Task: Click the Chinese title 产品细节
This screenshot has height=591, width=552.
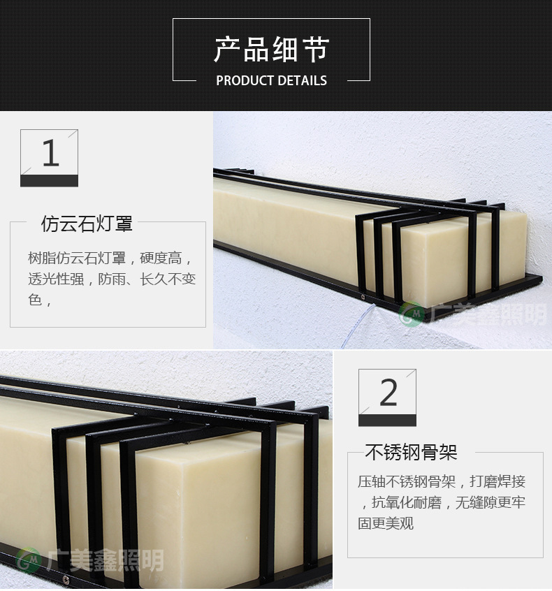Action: tap(272, 50)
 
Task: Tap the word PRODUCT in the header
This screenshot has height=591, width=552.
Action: tap(245, 80)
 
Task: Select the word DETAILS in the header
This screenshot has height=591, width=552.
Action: tap(303, 80)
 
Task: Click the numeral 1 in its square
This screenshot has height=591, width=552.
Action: tap(50, 153)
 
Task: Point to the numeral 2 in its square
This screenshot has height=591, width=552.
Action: tap(388, 393)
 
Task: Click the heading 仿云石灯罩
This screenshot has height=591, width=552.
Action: tap(87, 224)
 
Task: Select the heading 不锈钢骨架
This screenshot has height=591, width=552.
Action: tap(411, 452)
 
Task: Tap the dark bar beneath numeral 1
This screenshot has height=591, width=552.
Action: tap(49, 181)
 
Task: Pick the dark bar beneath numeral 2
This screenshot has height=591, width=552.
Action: tap(387, 421)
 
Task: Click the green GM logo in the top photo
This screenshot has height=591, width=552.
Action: tap(411, 314)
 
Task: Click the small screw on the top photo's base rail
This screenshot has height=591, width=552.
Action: tap(363, 297)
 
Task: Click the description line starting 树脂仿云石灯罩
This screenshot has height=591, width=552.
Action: tap(111, 258)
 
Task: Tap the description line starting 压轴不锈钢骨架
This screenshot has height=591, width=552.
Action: tap(442, 481)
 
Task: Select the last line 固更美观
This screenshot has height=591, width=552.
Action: tap(386, 523)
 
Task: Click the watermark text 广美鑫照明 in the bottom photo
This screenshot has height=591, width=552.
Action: tap(106, 560)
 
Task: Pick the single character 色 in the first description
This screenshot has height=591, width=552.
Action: tap(35, 300)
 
